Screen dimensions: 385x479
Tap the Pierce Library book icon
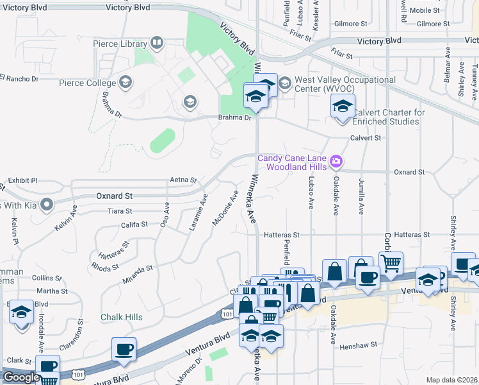pyautogui.click(x=157, y=44)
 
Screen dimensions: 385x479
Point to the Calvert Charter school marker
pyautogui.click(x=343, y=105)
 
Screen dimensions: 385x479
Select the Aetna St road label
pyautogui.click(x=183, y=180)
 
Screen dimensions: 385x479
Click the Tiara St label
pyautogui.click(x=120, y=210)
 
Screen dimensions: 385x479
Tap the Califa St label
pyautogui.click(x=134, y=225)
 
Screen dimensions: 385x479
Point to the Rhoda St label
pyautogui.click(x=106, y=265)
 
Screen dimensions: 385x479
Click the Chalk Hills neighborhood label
pyautogui.click(x=122, y=317)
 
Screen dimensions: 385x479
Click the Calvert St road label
pyautogui.click(x=365, y=137)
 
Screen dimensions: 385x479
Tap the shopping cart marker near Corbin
pyautogui.click(x=391, y=261)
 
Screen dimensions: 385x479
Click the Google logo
pyautogui.click(x=21, y=377)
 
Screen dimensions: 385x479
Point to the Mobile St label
pyautogui.click(x=425, y=10)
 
